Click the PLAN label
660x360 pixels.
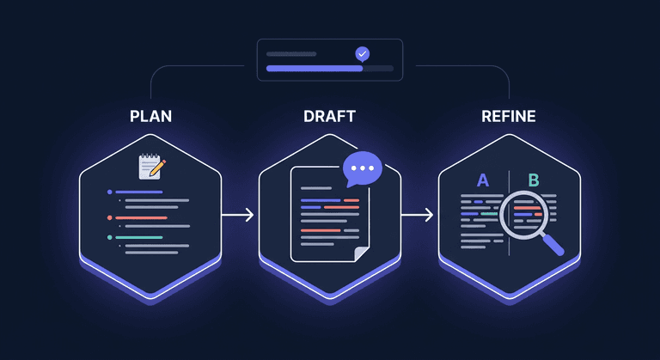coord(150,116)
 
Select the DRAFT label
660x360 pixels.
coord(330,116)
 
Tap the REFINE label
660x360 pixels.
coord(509,116)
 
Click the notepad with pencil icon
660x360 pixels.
coord(151,165)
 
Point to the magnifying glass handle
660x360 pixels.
coord(552,244)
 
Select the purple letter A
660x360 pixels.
coord(482,180)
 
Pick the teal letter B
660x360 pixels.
coord(534,180)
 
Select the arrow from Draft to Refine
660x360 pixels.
coord(417,215)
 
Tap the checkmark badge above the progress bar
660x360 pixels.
coord(363,53)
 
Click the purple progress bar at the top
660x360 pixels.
coord(315,68)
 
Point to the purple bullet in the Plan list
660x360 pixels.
coord(110,192)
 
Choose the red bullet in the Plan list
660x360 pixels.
coord(110,217)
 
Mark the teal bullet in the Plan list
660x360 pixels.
coord(110,237)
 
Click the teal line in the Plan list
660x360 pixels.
coord(139,237)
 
